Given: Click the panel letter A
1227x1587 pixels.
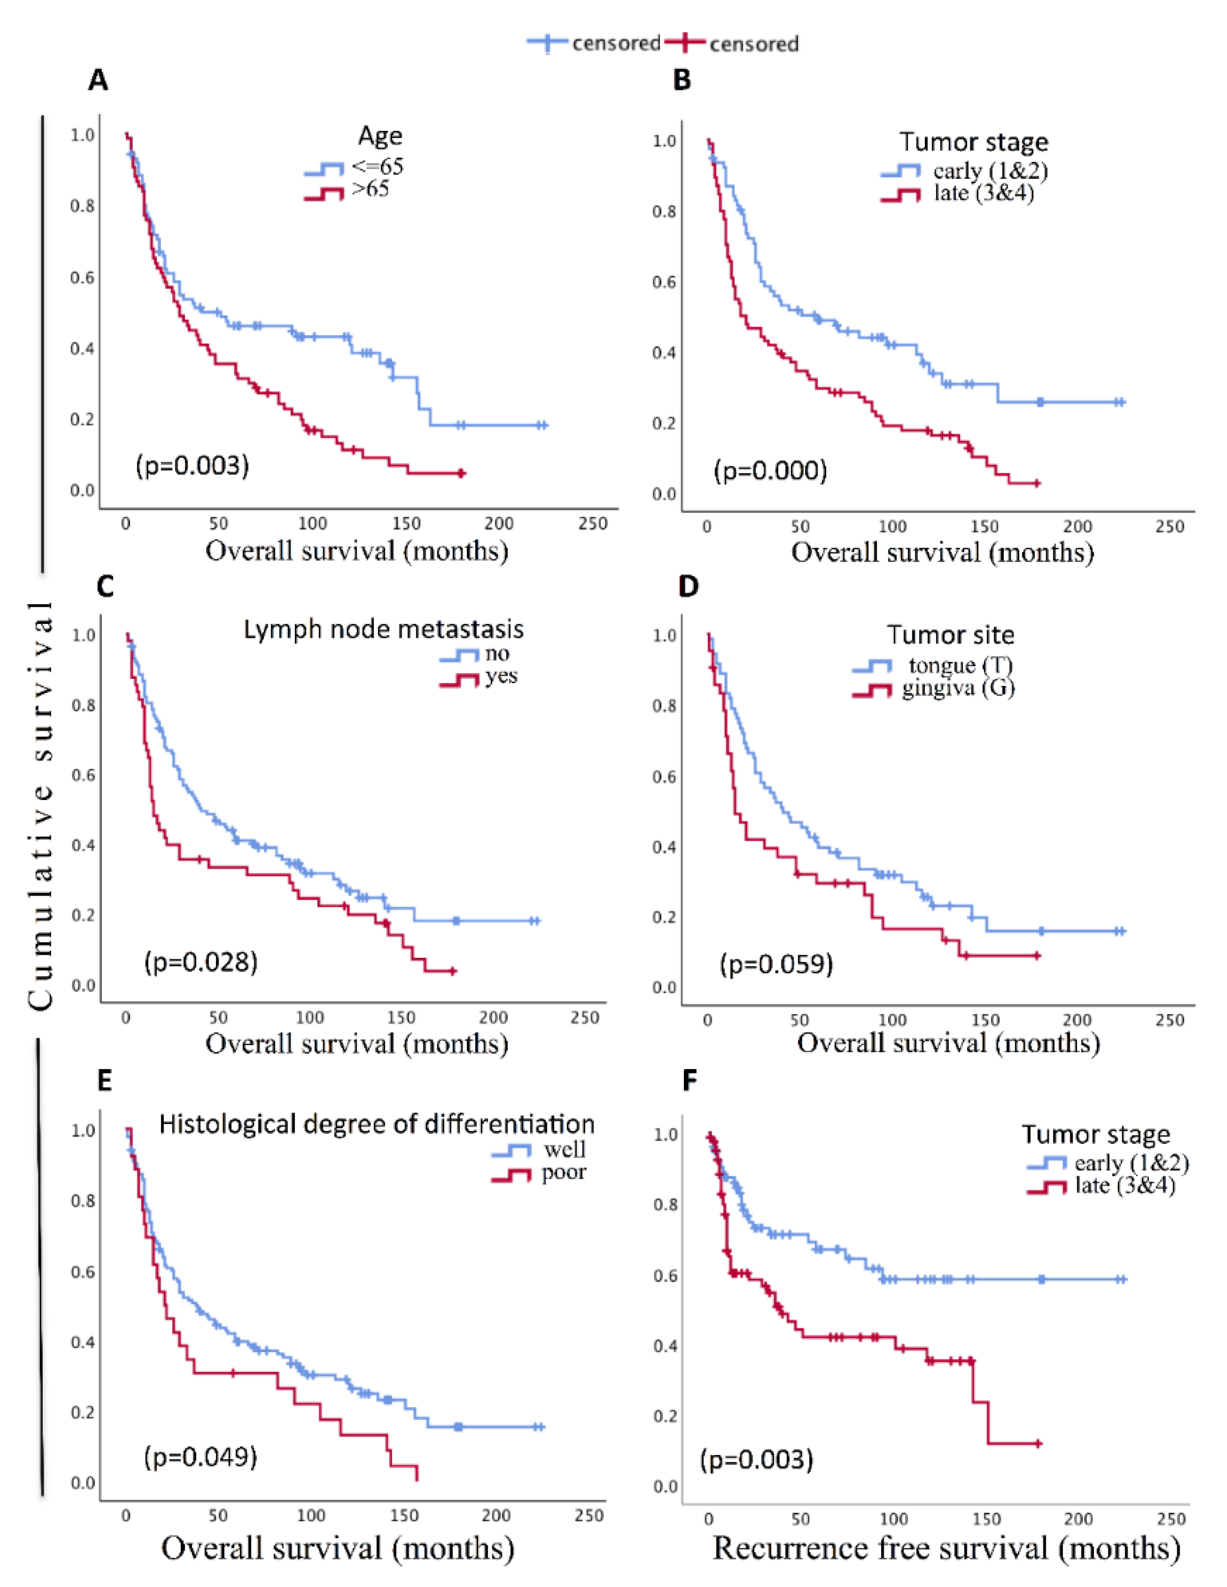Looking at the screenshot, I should click(98, 80).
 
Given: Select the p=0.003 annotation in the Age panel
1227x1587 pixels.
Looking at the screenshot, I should click(193, 465).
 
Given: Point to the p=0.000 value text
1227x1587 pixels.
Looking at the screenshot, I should click(770, 471).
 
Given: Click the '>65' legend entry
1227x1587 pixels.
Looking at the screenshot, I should click(371, 190).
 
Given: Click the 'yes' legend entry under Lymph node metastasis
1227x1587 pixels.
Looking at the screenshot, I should click(501, 676).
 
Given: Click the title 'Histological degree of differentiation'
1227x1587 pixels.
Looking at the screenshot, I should click(376, 1124).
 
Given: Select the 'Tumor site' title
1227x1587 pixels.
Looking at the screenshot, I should click(950, 635).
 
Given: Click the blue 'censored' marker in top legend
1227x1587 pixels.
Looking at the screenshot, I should click(547, 44).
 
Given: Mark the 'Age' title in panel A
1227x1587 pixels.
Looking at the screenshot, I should click(380, 136).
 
